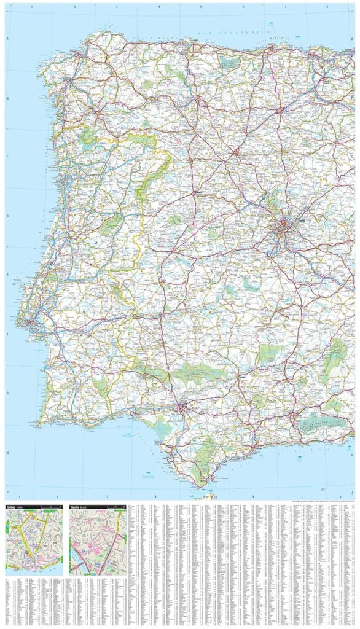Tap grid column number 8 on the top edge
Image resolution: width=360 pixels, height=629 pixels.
click(327, 7)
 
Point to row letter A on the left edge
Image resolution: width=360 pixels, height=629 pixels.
click(8, 39)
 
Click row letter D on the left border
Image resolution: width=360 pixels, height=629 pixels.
click(8, 216)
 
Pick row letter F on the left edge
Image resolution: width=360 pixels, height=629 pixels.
click(8, 335)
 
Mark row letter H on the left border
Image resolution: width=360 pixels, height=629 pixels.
click(8, 453)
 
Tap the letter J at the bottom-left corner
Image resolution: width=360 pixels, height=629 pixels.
click(8, 492)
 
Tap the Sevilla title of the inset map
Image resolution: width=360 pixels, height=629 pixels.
click(76, 507)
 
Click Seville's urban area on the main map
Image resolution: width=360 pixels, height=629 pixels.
click(181, 407)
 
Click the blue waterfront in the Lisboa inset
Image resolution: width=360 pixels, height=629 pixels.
click(31, 569)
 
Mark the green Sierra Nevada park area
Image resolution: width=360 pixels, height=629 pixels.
click(319, 422)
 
